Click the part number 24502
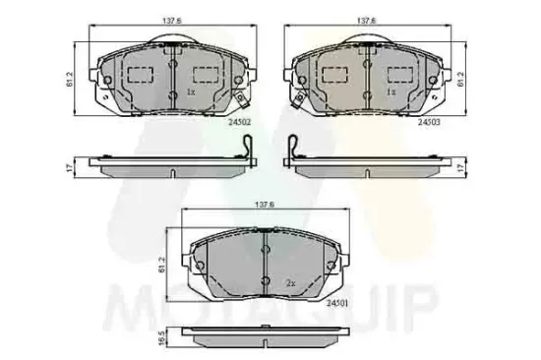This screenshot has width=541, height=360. [x=240, y=122]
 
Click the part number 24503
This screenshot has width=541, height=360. [x=427, y=122]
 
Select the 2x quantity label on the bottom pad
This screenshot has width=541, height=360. [x=290, y=282]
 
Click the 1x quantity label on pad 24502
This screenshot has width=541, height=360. [x=191, y=91]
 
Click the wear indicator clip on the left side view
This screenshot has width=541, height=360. [x=247, y=150]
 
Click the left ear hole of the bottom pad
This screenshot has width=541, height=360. [x=199, y=267]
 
